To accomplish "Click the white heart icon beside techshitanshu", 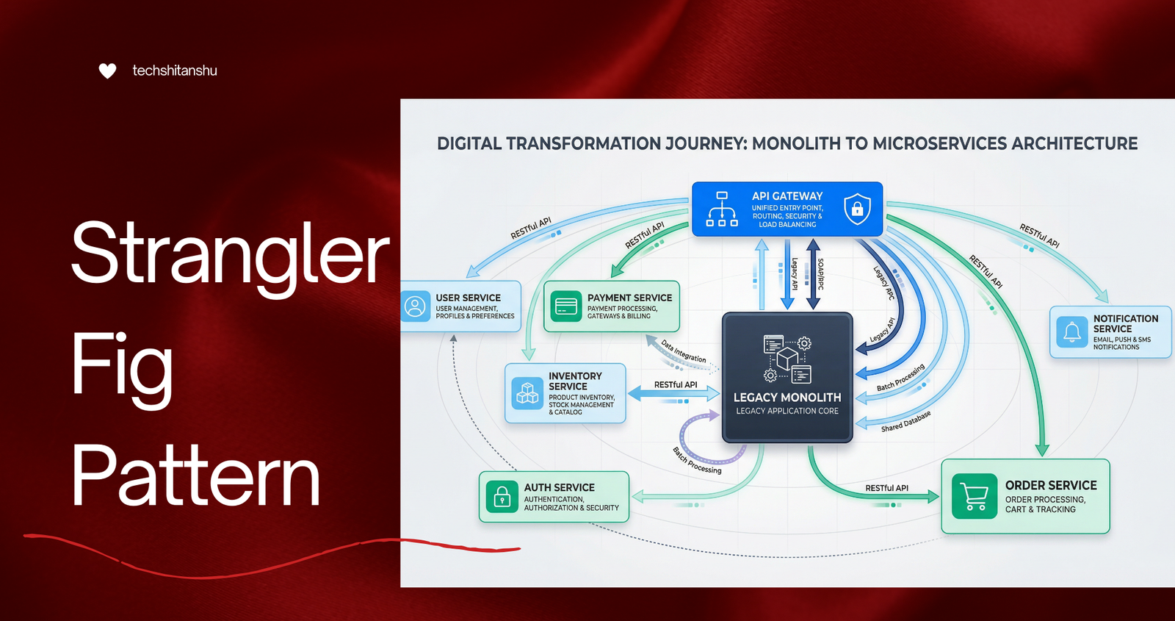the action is point(107,71).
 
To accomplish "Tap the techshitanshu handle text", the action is point(175,71).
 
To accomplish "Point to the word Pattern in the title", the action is point(195,475).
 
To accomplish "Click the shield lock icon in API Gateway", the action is point(857,209).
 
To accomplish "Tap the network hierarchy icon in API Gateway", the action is point(722,209).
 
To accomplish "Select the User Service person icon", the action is point(415,306).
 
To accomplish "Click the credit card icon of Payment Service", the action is point(566,306).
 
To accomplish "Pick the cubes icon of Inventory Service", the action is point(527,393).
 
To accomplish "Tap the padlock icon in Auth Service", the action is point(502,496).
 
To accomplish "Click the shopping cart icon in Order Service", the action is point(974,496).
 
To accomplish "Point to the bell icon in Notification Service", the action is point(1071,331).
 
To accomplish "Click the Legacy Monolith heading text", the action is point(787,398).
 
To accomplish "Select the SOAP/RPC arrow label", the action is point(820,274).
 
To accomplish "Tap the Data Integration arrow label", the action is point(684,351).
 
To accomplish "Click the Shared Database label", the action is point(906,422).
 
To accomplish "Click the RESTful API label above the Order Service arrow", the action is point(886,488).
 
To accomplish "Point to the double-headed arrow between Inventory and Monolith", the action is point(674,393).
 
